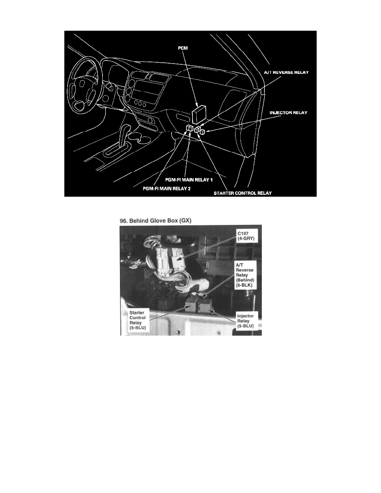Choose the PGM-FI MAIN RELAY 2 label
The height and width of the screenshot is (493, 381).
click(x=165, y=188)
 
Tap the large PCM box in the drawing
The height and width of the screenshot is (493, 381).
click(x=200, y=114)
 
